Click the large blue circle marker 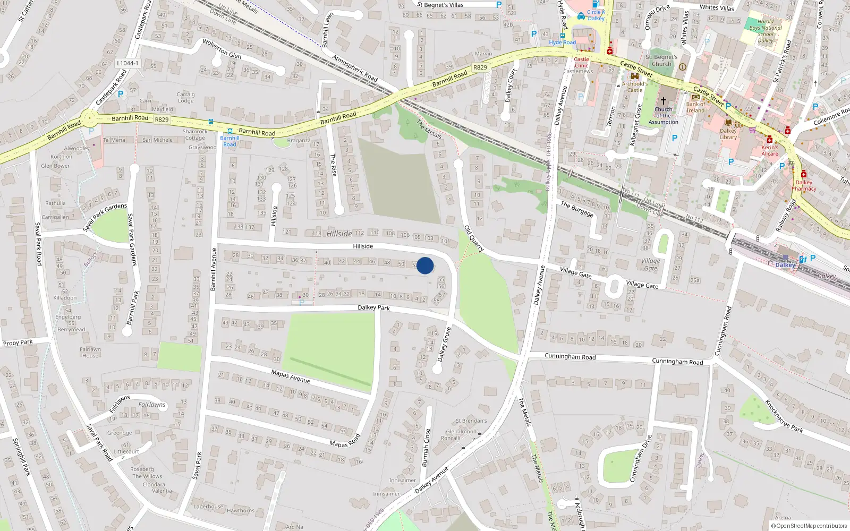[x=425, y=265]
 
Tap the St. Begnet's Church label [x=661, y=61]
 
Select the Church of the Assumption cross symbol [x=663, y=100]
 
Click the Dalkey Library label [x=728, y=134]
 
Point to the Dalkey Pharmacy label [x=804, y=185]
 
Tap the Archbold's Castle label [x=635, y=87]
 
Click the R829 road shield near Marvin [x=480, y=67]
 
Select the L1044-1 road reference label [x=127, y=63]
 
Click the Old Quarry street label [x=474, y=238]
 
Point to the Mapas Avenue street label [x=291, y=376]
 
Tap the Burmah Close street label [x=426, y=448]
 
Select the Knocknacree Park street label [x=784, y=416]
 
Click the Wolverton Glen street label [x=222, y=48]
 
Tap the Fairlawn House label [x=90, y=353]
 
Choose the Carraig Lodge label [x=185, y=97]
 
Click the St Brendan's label [x=471, y=421]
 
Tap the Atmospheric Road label [x=355, y=68]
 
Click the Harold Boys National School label [x=766, y=31]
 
